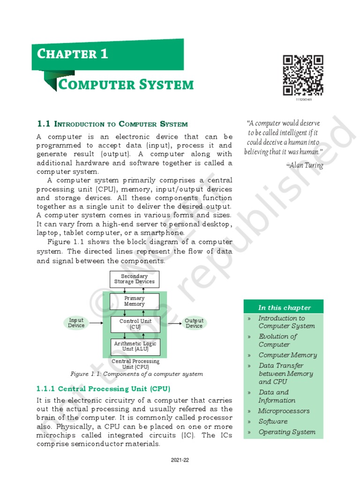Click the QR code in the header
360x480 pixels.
(x=303, y=75)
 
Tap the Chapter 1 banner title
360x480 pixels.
(x=73, y=54)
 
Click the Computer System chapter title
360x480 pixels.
(x=125, y=85)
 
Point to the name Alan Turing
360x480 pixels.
(x=304, y=165)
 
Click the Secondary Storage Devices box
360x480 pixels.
(x=134, y=279)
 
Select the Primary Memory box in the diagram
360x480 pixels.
(x=134, y=301)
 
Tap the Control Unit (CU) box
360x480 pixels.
(x=134, y=324)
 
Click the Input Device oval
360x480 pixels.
(x=76, y=323)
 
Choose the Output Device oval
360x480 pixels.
(x=194, y=323)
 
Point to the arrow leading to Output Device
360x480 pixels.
(x=174, y=323)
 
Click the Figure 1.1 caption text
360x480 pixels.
(x=136, y=374)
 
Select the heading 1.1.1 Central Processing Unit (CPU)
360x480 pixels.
(x=103, y=389)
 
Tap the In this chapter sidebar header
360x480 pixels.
(x=284, y=308)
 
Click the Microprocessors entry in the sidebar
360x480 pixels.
(x=284, y=411)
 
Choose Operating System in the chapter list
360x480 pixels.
(x=287, y=432)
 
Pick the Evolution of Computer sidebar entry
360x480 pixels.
(x=277, y=340)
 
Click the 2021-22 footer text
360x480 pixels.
(x=180, y=460)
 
